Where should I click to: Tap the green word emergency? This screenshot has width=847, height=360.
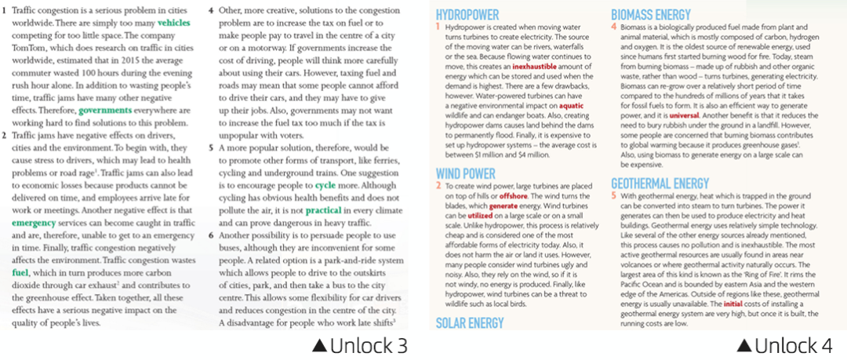(34, 223)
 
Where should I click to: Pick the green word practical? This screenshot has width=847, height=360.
(324, 212)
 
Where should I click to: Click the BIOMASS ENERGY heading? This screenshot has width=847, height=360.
(652, 15)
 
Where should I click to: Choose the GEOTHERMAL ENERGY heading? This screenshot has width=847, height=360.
(660, 184)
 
